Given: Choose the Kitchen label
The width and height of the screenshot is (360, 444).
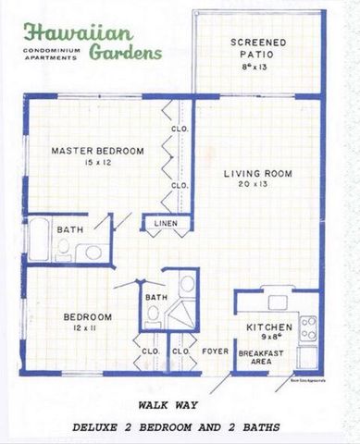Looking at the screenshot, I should click(x=269, y=328).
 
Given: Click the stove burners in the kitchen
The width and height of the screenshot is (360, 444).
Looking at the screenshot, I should click(x=308, y=327).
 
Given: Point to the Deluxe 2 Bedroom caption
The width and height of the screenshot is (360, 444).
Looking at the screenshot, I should click(x=177, y=426).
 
